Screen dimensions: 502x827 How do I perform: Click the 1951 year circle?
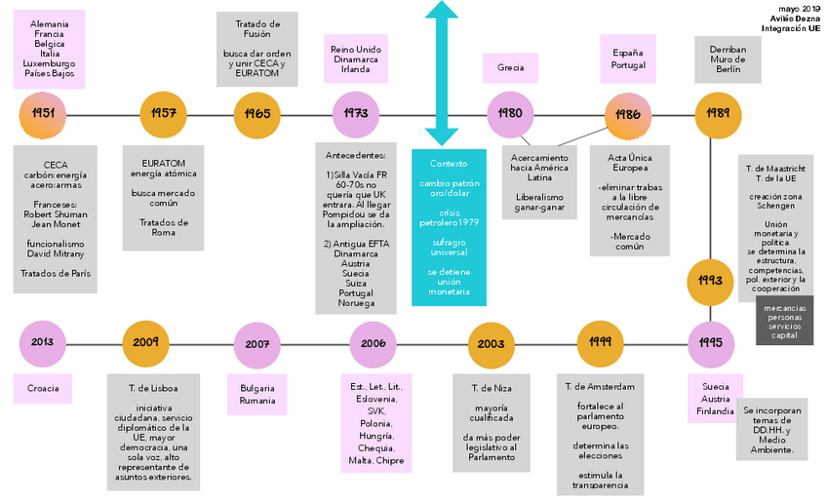(x=43, y=114)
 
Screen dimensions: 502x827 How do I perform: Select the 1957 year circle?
(x=163, y=114)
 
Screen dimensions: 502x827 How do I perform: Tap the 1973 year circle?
(x=356, y=114)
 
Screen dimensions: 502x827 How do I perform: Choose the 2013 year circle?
(x=43, y=343)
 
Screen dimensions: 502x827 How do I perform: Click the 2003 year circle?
(x=492, y=344)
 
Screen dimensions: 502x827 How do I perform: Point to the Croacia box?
(x=42, y=388)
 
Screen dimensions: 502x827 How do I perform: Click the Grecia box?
(x=510, y=68)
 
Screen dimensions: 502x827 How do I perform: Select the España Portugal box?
(x=628, y=58)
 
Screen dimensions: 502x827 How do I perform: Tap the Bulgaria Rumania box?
(x=257, y=395)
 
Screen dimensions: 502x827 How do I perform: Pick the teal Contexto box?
(x=449, y=226)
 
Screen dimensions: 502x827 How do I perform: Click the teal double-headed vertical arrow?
(x=442, y=73)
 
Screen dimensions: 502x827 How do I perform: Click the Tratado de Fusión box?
(x=257, y=50)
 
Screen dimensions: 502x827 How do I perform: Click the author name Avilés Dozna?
(x=797, y=19)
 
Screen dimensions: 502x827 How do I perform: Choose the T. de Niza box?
(x=492, y=421)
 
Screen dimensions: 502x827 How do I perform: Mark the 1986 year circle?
(x=628, y=114)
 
